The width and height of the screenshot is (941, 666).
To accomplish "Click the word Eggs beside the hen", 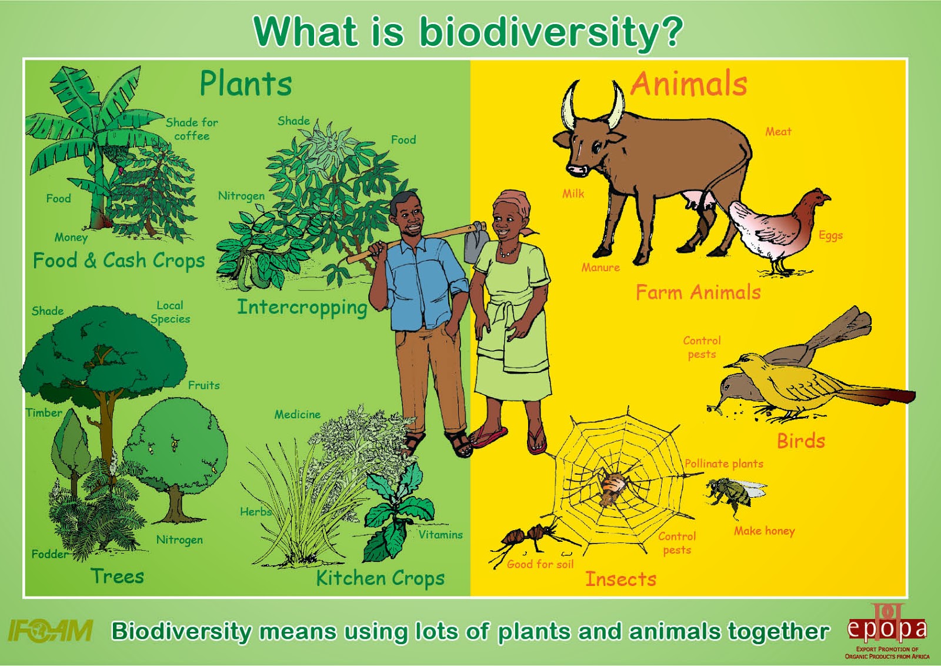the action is point(830,236).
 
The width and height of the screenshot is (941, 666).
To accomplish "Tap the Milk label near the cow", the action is point(573,194).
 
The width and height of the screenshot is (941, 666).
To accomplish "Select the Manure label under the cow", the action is point(600,267).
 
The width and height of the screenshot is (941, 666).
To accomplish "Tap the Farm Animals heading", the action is point(698,292).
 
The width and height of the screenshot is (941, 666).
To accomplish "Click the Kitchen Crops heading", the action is point(380,578).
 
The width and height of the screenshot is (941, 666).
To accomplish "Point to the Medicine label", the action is point(298,415).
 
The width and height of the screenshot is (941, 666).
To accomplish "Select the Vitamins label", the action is point(441,535).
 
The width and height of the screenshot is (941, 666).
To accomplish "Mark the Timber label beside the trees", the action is point(44,413).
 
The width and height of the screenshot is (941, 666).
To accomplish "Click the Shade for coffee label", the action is point(192,129).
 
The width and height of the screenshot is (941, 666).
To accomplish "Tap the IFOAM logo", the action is point(51,630).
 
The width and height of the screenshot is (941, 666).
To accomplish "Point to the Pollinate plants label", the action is point(724,464).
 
